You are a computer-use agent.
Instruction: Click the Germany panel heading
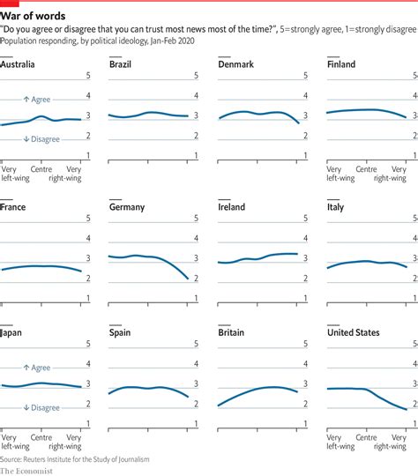(127, 207)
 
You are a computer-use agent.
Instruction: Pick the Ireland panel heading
(233, 207)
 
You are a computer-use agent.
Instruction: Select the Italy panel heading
(335, 207)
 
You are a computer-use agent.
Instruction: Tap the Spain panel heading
(120, 332)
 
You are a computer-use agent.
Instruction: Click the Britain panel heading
(233, 332)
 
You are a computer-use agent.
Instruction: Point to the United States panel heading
(354, 332)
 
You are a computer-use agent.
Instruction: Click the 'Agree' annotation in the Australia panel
(39, 100)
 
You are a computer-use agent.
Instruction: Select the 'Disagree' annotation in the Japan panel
(41, 407)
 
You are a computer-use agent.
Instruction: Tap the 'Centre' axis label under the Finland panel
(366, 168)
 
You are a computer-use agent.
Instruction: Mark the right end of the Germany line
(188, 279)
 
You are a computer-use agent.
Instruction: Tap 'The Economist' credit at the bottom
(27, 470)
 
